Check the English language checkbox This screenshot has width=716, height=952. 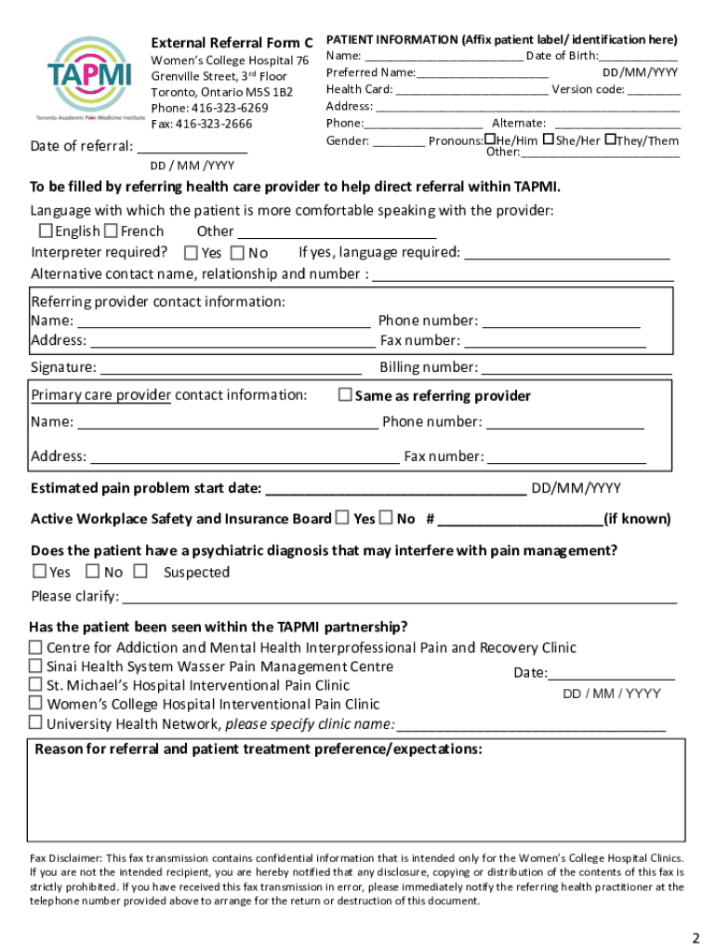(45, 231)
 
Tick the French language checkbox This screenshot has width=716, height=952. (111, 231)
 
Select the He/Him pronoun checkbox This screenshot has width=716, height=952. (489, 139)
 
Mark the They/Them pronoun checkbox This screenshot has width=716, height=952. (610, 139)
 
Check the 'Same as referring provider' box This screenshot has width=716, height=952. (345, 395)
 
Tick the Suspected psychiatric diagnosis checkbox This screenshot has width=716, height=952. (140, 571)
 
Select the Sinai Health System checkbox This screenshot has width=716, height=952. (35, 666)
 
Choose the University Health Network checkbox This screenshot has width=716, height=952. (35, 723)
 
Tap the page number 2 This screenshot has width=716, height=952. (695, 935)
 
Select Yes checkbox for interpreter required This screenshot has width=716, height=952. (191, 253)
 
